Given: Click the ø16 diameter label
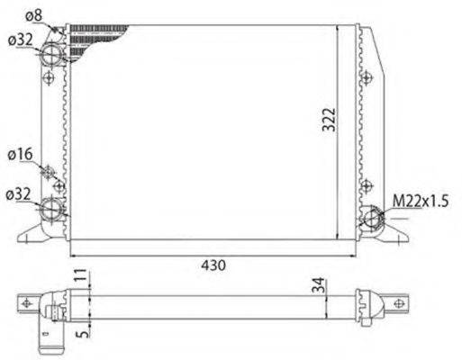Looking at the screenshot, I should click(x=22, y=154).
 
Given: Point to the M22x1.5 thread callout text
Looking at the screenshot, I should click(x=420, y=199).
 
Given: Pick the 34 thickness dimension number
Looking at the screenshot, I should click(x=316, y=287).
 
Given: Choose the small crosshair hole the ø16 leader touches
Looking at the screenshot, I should click(x=50, y=172).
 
